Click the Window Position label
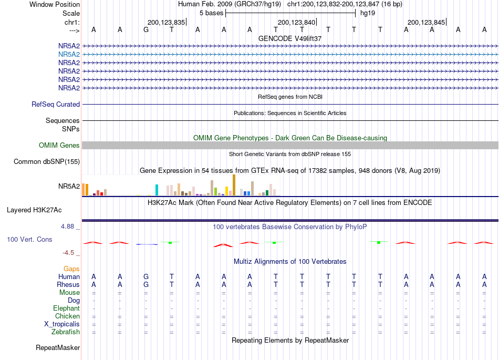click(55, 4)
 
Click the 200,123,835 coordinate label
click(166, 22)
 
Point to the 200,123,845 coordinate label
click(426, 22)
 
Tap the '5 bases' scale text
click(211, 13)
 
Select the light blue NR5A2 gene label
click(69, 55)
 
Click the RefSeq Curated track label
click(56, 105)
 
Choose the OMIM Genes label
click(59, 146)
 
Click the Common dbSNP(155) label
click(47, 162)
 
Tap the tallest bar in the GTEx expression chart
click(234, 185)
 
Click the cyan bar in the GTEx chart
click(157, 190)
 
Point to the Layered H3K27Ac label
click(34, 210)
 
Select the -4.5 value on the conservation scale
click(68, 253)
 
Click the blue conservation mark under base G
click(147, 244)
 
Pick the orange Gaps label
click(71, 269)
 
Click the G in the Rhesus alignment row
click(146, 284)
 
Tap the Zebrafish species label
click(66, 332)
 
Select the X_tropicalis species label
click(62, 324)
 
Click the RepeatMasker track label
click(58, 348)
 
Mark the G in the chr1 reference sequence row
click(146, 30)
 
